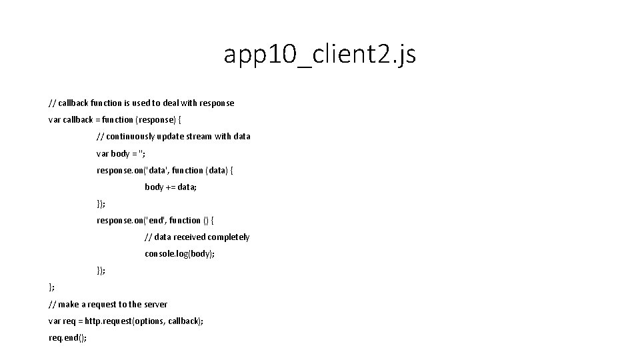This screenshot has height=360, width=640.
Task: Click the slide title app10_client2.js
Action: tap(319, 55)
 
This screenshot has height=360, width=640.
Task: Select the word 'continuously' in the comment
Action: tap(131, 136)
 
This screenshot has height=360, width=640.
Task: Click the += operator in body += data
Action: tap(170, 187)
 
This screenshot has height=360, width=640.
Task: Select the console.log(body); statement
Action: tap(179, 254)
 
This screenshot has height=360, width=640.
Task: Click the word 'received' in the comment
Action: tap(189, 237)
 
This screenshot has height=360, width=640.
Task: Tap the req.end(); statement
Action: tap(67, 337)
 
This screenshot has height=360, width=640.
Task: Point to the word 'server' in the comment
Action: tap(155, 304)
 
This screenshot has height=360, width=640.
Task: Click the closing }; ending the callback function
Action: tap(52, 287)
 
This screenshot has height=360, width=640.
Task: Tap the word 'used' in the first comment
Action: tap(135, 103)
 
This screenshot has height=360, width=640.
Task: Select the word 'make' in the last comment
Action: tap(69, 304)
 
